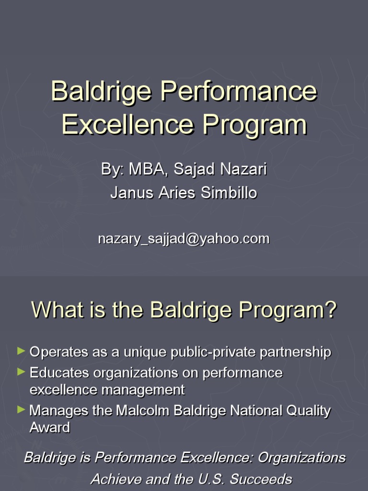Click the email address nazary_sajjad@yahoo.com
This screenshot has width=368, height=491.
pos(184,239)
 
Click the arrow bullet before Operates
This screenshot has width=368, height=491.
pos(21,351)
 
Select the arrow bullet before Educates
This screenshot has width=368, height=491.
pos(21,372)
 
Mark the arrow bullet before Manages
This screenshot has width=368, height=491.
pos(21,409)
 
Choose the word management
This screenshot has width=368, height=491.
pos(143,390)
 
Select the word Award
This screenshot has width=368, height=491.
pos(50,428)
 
